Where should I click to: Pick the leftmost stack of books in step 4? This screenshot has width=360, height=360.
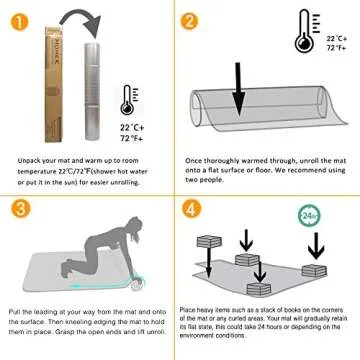click(x=214, y=241)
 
